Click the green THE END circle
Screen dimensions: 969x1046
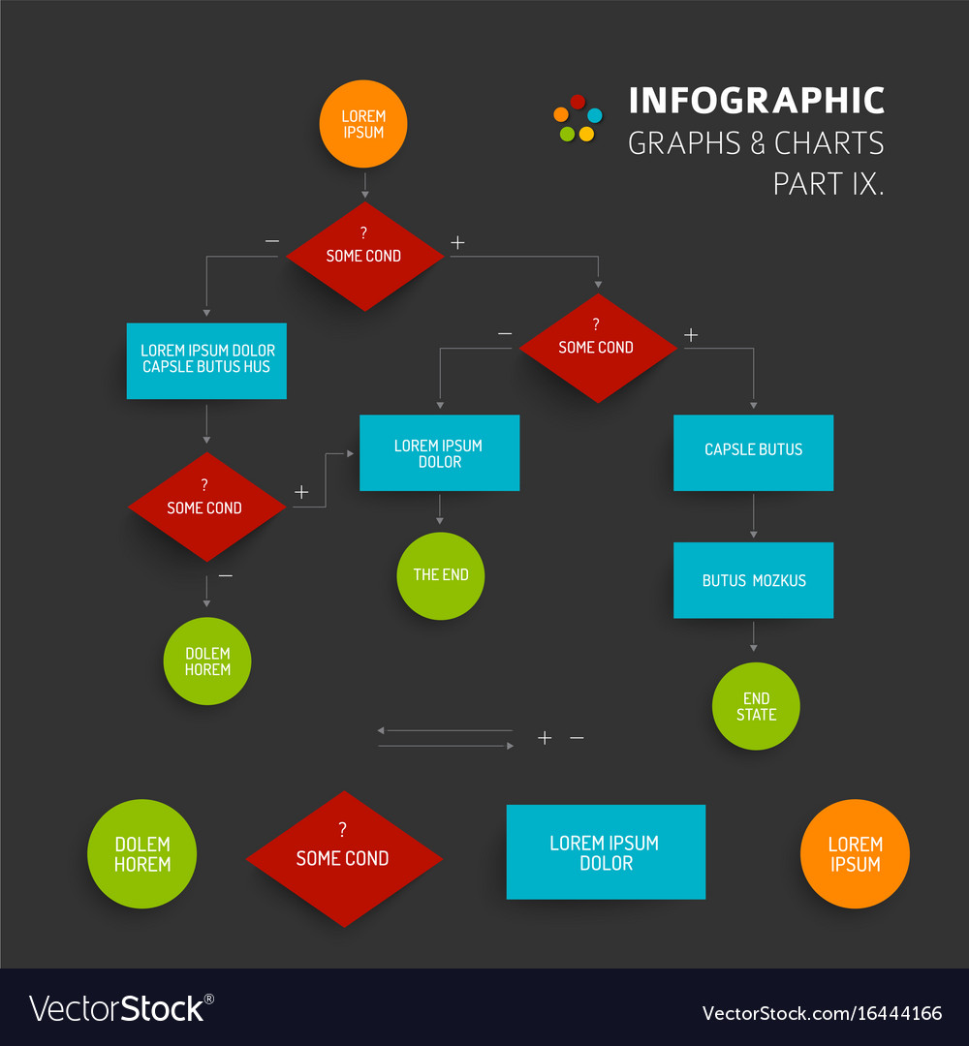point(441,575)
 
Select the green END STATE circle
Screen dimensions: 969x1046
point(756,706)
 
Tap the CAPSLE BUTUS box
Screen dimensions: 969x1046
point(754,453)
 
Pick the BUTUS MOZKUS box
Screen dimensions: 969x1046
point(754,580)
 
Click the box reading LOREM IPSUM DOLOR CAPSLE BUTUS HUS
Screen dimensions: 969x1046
point(206,361)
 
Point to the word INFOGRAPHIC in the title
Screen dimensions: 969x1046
point(757,101)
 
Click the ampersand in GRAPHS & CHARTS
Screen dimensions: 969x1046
point(758,143)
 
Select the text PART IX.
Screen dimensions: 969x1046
point(828,184)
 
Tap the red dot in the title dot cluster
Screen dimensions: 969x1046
point(578,102)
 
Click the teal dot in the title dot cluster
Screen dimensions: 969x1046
point(595,115)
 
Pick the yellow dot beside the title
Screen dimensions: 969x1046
point(586,134)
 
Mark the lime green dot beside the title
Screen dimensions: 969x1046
point(567,134)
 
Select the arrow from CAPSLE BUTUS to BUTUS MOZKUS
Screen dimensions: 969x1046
point(754,515)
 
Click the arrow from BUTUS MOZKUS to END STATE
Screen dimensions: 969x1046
point(754,636)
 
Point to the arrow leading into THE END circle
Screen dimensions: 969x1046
point(440,509)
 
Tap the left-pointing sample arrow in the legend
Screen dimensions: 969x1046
point(445,730)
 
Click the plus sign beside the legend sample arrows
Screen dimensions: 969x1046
point(545,738)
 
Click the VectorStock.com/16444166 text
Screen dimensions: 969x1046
point(822,1013)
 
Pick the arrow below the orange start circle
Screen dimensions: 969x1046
point(365,185)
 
